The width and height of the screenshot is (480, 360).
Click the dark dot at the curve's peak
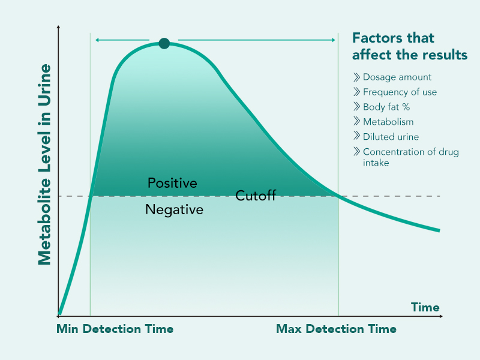click(x=164, y=43)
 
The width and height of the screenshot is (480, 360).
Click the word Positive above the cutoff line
click(x=172, y=183)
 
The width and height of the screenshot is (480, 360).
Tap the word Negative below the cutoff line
click(x=174, y=210)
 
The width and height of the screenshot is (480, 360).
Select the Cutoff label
click(x=256, y=196)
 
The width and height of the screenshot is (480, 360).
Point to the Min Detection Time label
click(x=115, y=329)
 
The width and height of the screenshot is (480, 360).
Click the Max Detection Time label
click(x=336, y=329)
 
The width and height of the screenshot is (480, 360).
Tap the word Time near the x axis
click(x=425, y=307)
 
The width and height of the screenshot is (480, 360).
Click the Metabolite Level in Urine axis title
click(x=44, y=163)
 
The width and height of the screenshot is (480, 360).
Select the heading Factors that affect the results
click(x=409, y=46)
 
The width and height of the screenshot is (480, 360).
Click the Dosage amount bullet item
click(x=397, y=77)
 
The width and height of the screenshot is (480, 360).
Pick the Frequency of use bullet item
click(x=400, y=92)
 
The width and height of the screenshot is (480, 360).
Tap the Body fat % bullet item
click(x=386, y=107)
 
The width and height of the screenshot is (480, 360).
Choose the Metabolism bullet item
click(x=388, y=122)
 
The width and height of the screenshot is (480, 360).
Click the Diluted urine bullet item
click(x=391, y=137)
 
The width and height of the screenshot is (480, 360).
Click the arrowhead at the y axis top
click(x=58, y=28)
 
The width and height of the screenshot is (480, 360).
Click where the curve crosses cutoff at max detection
click(x=338, y=196)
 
